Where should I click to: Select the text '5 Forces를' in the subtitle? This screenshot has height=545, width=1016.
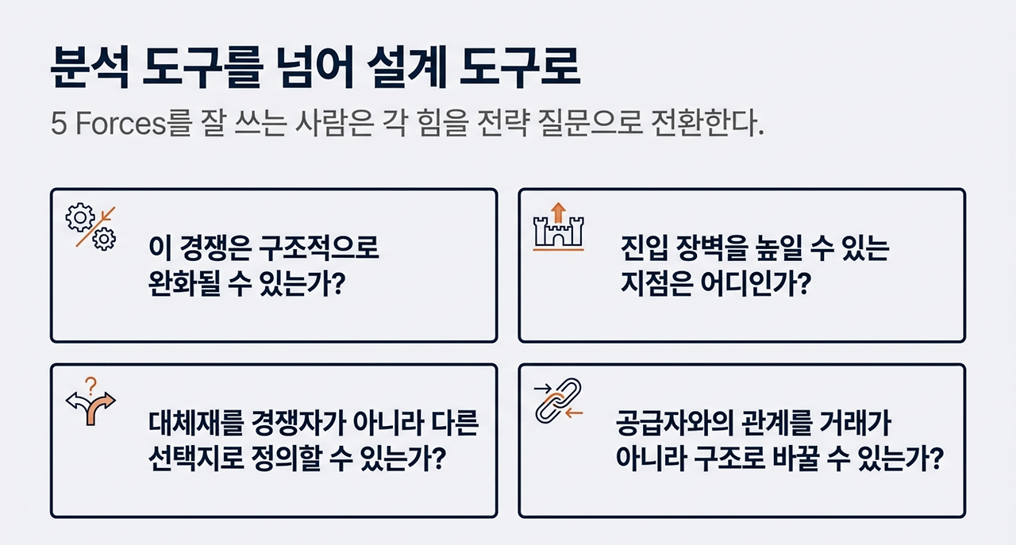tap(116, 125)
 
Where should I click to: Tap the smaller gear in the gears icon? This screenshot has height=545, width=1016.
tap(104, 238)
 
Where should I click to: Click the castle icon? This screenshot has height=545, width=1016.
tap(558, 232)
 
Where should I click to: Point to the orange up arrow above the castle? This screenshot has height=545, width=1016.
tap(558, 210)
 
